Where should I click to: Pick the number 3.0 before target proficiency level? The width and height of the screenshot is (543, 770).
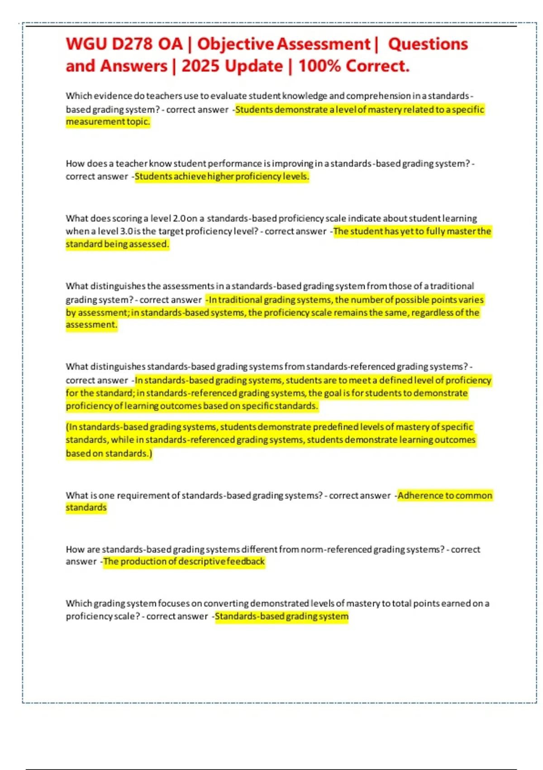(x=126, y=231)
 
